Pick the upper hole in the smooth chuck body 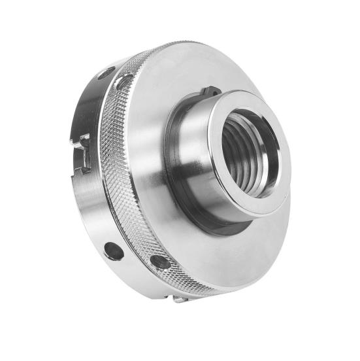(106, 73)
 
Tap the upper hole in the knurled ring (124, 82)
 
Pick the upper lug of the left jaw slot (85, 139)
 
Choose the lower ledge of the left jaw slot (83, 169)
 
